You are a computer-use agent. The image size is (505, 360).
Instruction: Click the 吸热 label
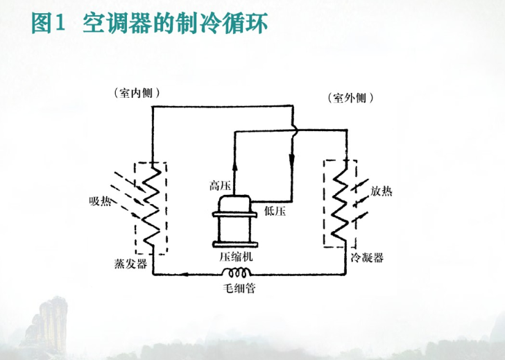100,201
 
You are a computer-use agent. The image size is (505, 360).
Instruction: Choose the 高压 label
219,185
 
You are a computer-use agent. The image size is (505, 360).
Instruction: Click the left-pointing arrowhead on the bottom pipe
185,274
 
